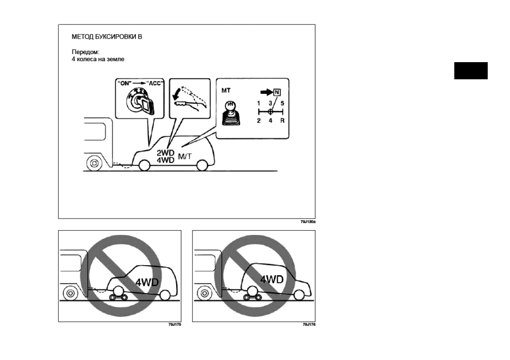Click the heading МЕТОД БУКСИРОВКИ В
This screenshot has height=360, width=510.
[x=106, y=37]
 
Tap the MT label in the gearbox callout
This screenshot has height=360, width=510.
[x=227, y=91]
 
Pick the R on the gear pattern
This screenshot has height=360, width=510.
[x=282, y=121]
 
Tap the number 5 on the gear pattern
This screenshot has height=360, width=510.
[x=282, y=103]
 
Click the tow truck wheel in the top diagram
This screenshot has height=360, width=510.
[x=93, y=163]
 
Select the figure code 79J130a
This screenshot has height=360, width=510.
[x=308, y=222]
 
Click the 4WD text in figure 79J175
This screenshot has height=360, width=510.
[x=148, y=282]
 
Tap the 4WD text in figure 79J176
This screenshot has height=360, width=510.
[x=272, y=279]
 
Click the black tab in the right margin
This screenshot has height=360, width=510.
[x=471, y=71]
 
